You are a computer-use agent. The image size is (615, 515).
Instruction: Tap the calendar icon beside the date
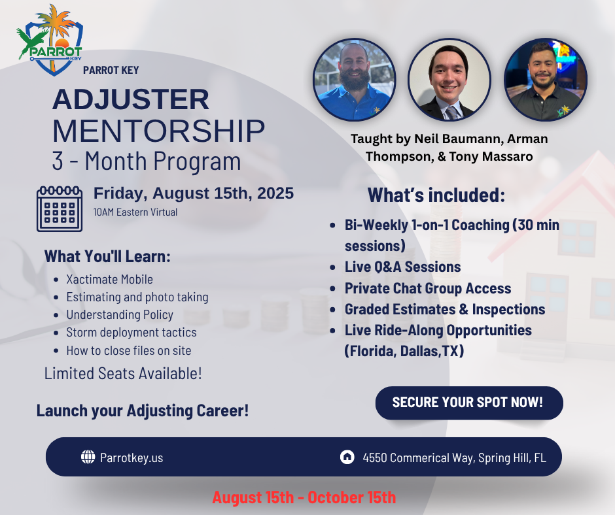60,209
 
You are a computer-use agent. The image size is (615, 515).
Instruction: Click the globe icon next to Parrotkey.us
88,457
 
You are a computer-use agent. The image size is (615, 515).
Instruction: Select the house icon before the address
347,457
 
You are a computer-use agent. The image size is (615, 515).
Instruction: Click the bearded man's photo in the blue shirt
354,80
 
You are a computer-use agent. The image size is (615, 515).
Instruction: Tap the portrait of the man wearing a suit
449,80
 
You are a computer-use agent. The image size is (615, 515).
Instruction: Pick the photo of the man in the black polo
546,80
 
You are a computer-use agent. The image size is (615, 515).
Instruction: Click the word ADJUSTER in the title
131,99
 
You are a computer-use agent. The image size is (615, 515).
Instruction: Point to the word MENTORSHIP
159,131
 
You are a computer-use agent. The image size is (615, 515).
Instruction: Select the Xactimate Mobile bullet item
109,280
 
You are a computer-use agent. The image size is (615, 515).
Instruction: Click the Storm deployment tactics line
132,333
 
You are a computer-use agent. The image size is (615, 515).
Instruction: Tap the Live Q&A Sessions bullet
403,267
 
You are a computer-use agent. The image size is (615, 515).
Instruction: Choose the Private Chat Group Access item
428,288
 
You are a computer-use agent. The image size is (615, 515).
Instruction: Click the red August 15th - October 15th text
304,497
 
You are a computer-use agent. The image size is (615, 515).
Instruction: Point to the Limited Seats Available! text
123,374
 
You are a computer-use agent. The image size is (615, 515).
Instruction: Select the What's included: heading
436,195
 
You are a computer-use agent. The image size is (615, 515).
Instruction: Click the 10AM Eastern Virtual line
135,212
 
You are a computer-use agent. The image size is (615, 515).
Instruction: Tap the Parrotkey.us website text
132,457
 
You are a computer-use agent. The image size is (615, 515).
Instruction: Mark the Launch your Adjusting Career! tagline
143,410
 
